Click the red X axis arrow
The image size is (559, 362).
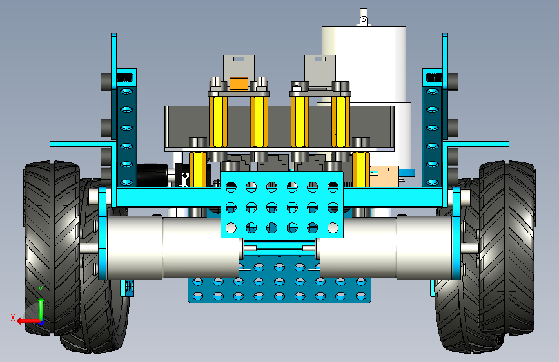[28, 321]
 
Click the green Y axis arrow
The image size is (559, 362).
[41, 309]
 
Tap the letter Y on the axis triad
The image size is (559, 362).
[41, 290]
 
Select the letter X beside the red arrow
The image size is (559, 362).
[13, 318]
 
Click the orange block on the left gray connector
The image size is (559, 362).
[239, 84]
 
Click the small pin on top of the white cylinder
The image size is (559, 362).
[363, 17]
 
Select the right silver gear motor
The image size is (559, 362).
[386, 247]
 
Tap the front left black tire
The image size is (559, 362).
[52, 248]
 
